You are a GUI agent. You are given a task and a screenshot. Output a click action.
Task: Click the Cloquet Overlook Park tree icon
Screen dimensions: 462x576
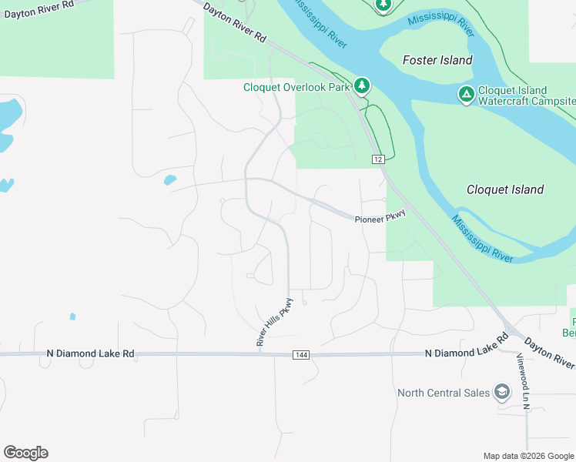click(361, 85)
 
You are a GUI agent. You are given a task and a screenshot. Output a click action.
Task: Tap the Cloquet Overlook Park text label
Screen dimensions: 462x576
click(296, 87)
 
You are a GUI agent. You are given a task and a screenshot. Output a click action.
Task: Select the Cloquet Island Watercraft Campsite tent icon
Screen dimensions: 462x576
click(466, 95)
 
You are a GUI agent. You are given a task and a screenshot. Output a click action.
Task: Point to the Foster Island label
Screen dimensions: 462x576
click(437, 60)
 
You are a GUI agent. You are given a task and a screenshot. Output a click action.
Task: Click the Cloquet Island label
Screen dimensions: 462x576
click(505, 189)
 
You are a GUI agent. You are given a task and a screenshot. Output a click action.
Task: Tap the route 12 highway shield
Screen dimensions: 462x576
click(377, 159)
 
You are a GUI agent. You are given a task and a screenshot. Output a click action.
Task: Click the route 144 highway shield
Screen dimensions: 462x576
click(301, 354)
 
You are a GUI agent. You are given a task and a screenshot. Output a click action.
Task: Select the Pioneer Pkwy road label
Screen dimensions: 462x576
click(380, 219)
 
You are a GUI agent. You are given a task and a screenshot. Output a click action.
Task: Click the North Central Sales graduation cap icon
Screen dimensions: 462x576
click(502, 393)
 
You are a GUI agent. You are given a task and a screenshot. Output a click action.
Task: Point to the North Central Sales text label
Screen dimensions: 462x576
click(444, 393)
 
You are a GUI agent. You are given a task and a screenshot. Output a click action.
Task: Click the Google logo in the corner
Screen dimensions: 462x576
click(25, 453)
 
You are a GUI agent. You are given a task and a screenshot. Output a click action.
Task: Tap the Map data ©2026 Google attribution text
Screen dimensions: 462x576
click(528, 456)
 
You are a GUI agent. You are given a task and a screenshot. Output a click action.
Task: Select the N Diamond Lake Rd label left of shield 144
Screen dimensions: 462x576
click(90, 353)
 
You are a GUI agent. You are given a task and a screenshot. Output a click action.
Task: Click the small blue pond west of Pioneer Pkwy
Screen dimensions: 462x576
click(169, 181)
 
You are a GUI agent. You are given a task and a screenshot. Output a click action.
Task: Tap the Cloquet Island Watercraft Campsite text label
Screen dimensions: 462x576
click(527, 95)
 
